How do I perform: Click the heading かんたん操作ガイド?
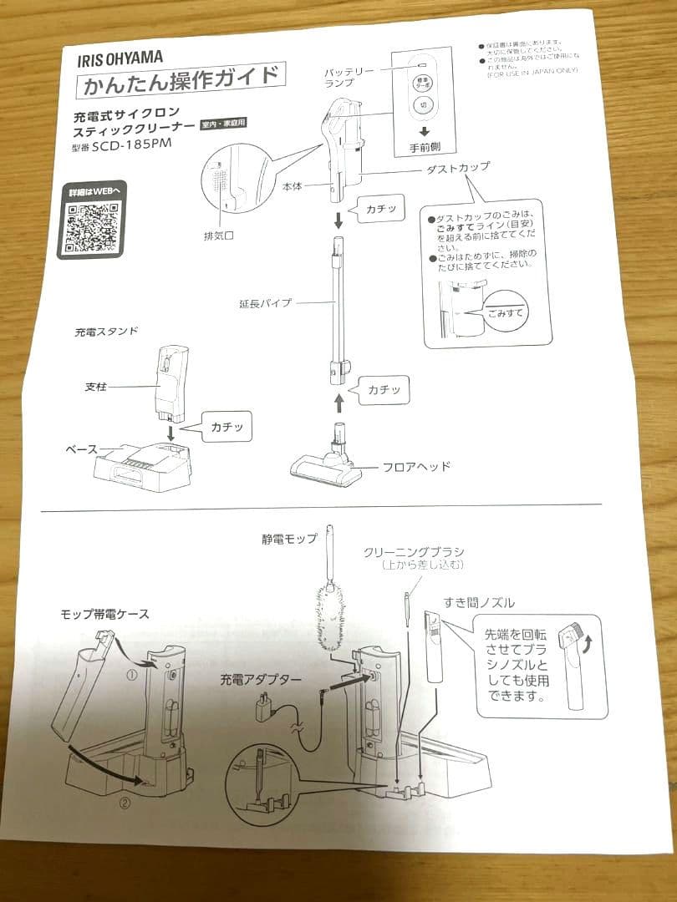[180, 82]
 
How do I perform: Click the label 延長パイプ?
[265, 303]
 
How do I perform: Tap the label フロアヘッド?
[415, 466]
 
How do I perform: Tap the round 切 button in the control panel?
[423, 107]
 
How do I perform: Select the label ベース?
[82, 448]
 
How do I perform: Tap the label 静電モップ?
[289, 539]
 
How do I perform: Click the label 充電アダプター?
[262, 680]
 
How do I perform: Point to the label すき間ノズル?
[480, 603]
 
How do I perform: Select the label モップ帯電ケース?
[104, 614]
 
